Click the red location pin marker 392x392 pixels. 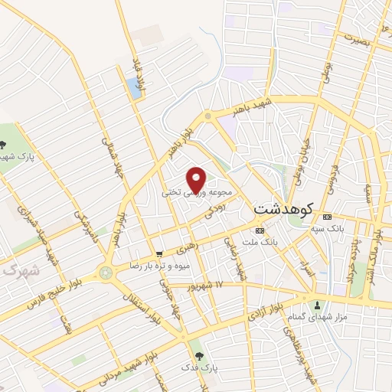coord(197,179)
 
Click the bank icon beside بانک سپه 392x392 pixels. coord(327,217)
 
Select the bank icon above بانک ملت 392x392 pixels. coord(260,230)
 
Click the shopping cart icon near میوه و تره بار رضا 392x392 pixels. coord(158,254)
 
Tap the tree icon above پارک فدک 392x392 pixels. coord(201,356)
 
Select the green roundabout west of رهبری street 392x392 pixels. coord(106,272)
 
